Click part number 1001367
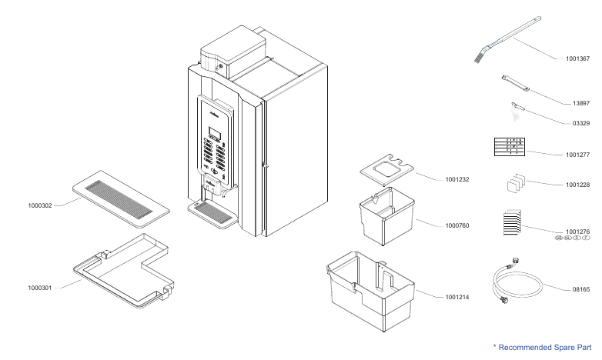click(x=577, y=58)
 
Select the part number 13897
click(x=580, y=103)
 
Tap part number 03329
click(x=580, y=123)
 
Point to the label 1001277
click(x=577, y=155)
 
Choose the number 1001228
click(x=577, y=185)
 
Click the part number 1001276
click(x=577, y=232)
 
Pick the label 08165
click(x=580, y=290)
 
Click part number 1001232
click(x=457, y=180)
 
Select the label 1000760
click(x=457, y=226)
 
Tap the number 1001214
click(x=457, y=296)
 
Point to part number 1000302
click(x=40, y=206)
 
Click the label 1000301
click(x=40, y=288)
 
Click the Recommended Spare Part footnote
click(x=542, y=348)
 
